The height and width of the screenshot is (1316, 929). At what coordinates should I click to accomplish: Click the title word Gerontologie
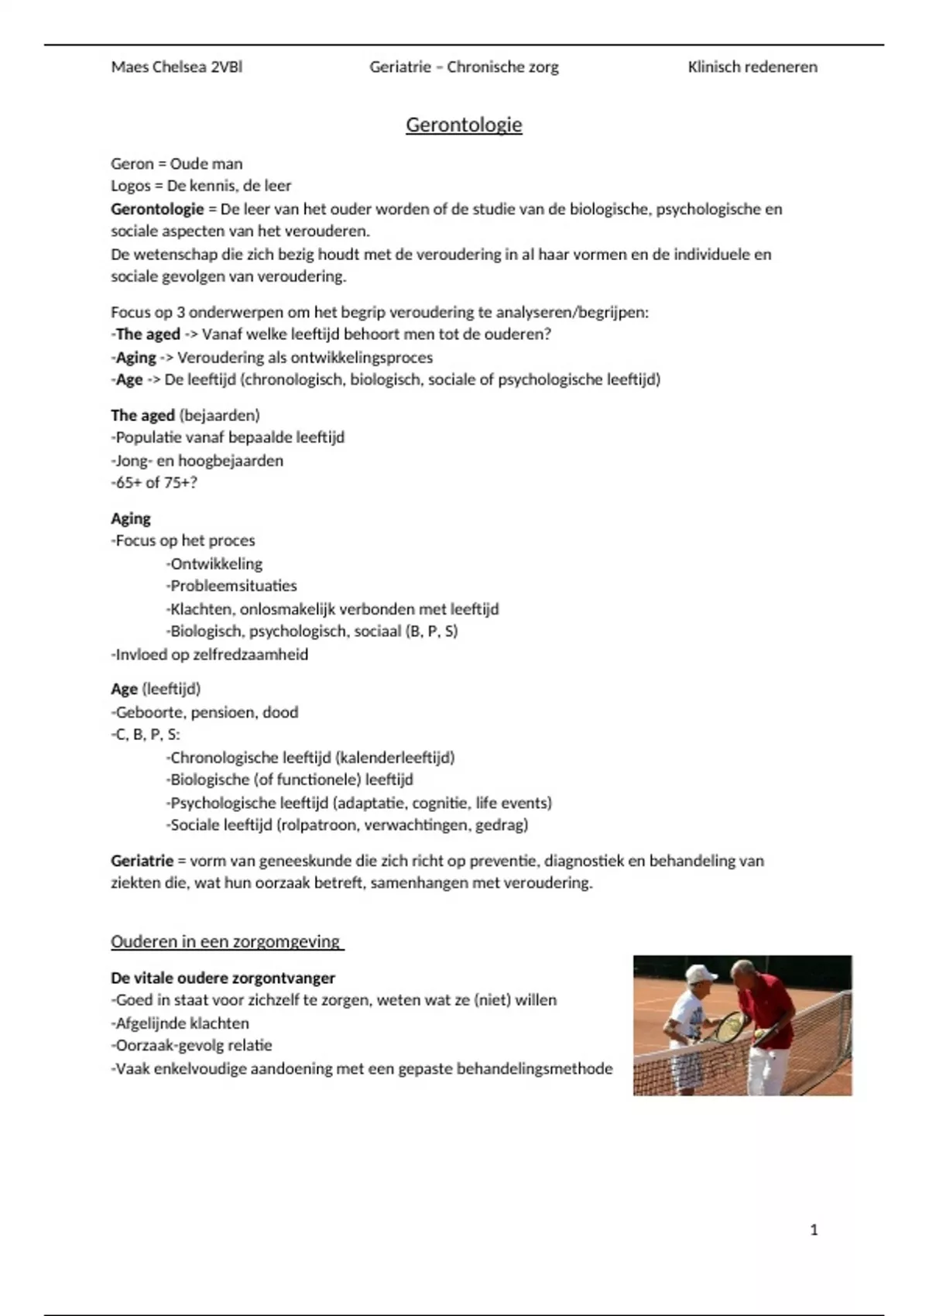click(464, 125)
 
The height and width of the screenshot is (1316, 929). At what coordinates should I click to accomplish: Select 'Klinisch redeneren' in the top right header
click(752, 67)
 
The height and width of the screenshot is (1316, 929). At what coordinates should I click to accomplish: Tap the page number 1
click(814, 1230)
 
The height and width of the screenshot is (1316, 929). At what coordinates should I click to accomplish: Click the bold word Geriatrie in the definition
click(142, 861)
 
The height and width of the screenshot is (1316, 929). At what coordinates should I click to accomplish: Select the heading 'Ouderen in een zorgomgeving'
click(226, 942)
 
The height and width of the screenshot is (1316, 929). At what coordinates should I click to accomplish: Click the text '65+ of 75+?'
click(154, 482)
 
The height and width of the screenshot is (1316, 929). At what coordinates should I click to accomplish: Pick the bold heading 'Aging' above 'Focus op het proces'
click(130, 519)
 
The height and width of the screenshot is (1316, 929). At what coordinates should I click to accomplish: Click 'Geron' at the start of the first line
click(132, 164)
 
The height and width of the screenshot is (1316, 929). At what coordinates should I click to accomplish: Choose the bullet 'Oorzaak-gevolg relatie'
click(193, 1046)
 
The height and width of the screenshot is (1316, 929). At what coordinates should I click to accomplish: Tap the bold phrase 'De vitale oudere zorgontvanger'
click(223, 978)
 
